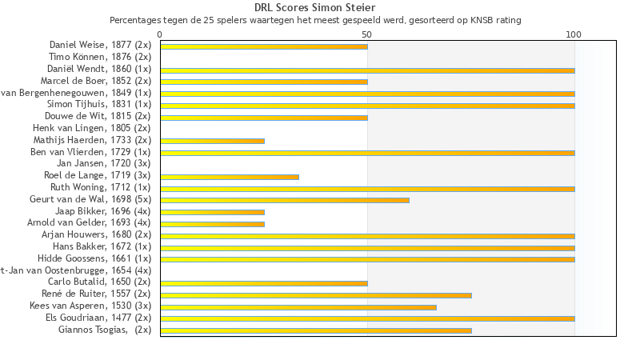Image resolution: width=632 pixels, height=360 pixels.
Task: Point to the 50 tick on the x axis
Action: [x=367, y=34]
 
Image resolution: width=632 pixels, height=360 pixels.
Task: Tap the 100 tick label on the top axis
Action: [x=574, y=34]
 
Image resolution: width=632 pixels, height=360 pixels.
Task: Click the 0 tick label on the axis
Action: [x=160, y=34]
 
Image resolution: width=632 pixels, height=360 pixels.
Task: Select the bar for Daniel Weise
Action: [x=264, y=46]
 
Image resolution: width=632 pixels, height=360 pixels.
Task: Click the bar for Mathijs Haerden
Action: [x=212, y=141]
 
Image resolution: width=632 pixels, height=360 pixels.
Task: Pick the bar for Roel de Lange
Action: [x=230, y=176]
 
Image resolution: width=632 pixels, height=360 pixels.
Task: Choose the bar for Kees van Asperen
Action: [x=298, y=306]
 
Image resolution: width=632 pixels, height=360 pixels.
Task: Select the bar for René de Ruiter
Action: [x=316, y=294]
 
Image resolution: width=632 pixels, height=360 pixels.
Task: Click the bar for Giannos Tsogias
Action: [x=316, y=330]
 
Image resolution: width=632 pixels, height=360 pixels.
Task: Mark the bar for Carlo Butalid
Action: [x=264, y=282]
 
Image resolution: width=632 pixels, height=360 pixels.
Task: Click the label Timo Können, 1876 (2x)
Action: [x=100, y=57]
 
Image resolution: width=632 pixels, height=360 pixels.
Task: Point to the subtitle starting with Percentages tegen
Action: [x=315, y=20]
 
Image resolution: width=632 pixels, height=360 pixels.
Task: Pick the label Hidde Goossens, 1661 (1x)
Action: [x=94, y=258]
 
